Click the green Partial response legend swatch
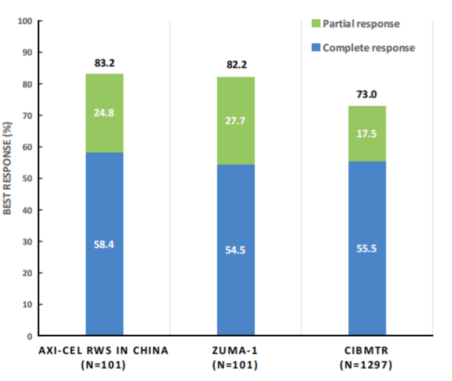(x=315, y=24)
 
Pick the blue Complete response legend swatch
(x=315, y=48)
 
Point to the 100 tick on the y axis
(x=24, y=21)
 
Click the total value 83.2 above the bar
(x=104, y=63)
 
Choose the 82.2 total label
(x=236, y=66)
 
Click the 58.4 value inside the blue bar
(x=104, y=244)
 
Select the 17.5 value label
(x=367, y=134)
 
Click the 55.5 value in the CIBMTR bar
(x=367, y=248)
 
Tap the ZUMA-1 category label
(x=236, y=351)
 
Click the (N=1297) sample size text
(x=367, y=365)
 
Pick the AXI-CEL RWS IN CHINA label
(x=104, y=351)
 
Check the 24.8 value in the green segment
(x=104, y=112)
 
